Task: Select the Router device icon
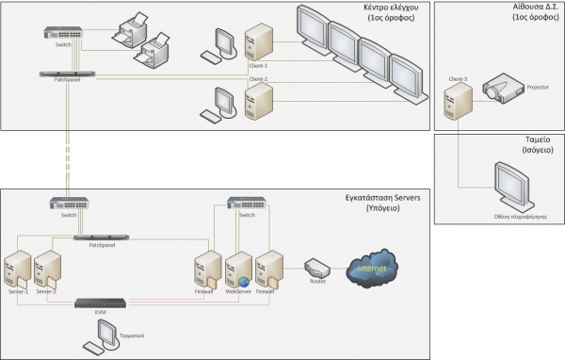pyautogui.click(x=316, y=270)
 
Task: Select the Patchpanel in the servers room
pyautogui.click(x=102, y=238)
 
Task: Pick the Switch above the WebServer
pyautogui.click(x=249, y=203)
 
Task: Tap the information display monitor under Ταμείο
pyautogui.click(x=515, y=186)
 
